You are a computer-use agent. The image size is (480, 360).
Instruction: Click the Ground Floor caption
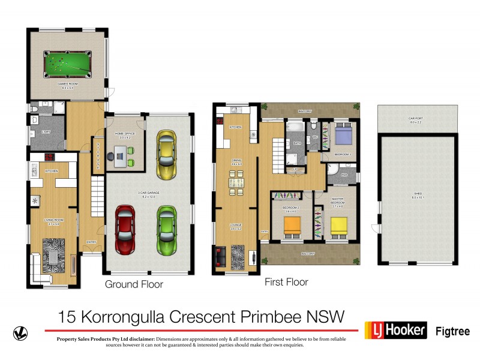coord(134,284)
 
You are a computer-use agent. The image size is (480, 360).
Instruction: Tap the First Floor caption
coord(286,281)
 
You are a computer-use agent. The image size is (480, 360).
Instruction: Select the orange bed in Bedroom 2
coord(292,226)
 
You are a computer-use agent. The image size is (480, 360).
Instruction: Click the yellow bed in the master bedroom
coord(339,226)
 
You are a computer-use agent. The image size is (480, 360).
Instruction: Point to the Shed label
coord(418,194)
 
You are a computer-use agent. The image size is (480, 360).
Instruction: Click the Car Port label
coord(416,119)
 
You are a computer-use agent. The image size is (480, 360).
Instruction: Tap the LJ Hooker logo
coord(396,330)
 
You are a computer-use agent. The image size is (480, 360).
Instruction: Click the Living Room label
coord(53,220)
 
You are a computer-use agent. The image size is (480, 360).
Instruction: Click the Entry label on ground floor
coord(92,242)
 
